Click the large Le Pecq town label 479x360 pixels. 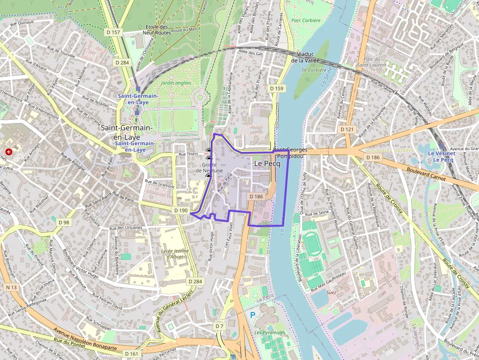tap(267, 164)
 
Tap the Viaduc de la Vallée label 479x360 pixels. tap(305, 57)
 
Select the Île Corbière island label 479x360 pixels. tap(313, 70)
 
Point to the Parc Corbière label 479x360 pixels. tap(305, 21)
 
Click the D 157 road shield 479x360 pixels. tap(113, 32)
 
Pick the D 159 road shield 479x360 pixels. tap(276, 88)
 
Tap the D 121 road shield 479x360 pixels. tap(347, 129)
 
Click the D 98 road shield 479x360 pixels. tap(64, 222)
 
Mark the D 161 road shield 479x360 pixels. tap(131, 353)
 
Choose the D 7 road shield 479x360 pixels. tap(219, 326)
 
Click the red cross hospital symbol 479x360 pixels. tap(8, 152)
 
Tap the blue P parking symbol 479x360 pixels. tap(253, 316)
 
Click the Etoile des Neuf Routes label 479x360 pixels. tap(156, 29)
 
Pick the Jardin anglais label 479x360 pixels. tap(176, 83)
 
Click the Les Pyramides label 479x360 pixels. tap(269, 333)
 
